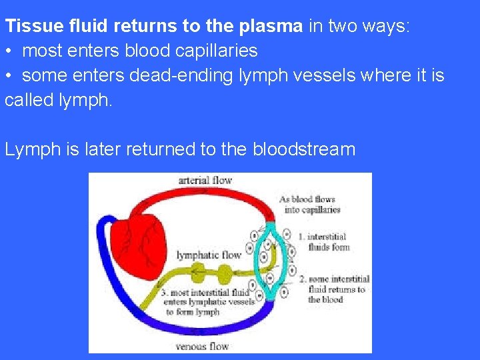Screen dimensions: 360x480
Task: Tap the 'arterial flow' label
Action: pos(205,181)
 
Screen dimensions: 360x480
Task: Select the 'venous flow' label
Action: pos(202,346)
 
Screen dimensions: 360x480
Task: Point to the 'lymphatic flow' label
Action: pos(209,255)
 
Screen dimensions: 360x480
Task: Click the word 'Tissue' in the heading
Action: pos(30,27)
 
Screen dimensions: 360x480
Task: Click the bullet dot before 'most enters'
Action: pos(9,51)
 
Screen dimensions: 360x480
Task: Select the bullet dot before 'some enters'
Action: pos(9,76)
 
